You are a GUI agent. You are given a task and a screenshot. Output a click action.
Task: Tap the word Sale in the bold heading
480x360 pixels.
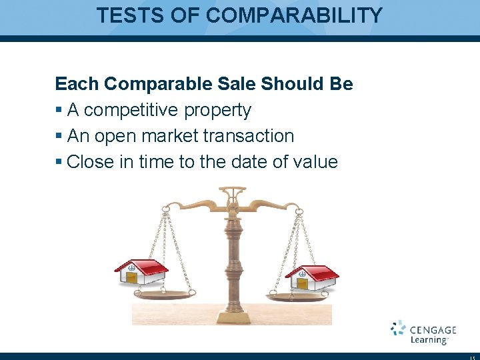click(x=237, y=84)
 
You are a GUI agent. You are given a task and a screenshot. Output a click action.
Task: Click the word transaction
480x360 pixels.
click(x=249, y=136)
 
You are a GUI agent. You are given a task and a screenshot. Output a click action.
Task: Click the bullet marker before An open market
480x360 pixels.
click(x=59, y=137)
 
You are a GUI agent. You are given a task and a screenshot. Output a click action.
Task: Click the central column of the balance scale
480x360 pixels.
click(x=233, y=260)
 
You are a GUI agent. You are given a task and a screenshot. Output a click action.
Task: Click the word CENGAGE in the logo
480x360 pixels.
click(x=433, y=329)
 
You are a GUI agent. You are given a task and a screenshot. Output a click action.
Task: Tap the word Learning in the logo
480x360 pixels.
click(x=428, y=340)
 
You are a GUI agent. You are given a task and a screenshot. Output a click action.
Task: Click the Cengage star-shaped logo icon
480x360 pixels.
click(x=398, y=328)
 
